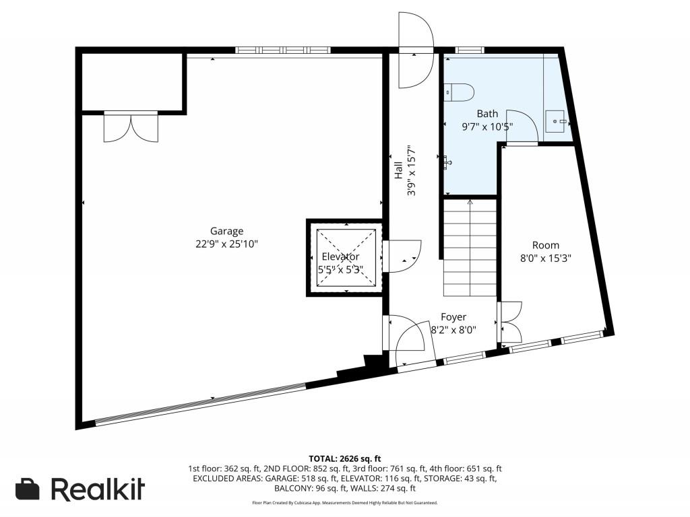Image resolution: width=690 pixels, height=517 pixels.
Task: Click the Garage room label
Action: (226, 232)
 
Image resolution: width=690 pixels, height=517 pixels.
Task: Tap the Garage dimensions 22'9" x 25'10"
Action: (226, 244)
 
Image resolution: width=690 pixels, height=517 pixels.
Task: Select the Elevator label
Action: (340, 256)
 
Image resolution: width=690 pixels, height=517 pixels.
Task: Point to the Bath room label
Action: (488, 114)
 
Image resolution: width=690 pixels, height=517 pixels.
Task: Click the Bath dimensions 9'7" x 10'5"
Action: (488, 127)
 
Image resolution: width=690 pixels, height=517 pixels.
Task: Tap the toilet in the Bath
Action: (459, 93)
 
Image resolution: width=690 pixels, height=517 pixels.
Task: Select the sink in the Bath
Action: (557, 121)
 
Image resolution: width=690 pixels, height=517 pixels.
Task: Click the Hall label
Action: (398, 170)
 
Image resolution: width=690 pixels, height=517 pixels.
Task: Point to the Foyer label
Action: (453, 317)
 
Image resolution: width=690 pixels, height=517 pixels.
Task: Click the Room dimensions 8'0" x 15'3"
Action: (546, 258)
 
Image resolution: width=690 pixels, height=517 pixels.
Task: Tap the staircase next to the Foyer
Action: (470, 248)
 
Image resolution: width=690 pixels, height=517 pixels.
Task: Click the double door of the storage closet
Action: (131, 127)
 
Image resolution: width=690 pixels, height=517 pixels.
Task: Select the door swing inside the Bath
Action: (522, 127)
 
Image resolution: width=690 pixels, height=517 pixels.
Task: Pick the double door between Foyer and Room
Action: (510, 322)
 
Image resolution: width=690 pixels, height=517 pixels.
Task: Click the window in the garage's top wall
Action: (282, 50)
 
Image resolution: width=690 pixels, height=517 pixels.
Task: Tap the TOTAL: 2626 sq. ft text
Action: (344, 459)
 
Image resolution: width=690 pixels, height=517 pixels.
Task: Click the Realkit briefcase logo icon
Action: (27, 489)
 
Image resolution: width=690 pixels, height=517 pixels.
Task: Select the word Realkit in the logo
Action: (98, 489)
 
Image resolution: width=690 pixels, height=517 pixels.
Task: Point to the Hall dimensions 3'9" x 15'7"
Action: (412, 170)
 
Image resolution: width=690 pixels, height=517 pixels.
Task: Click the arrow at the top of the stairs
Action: (470, 202)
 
